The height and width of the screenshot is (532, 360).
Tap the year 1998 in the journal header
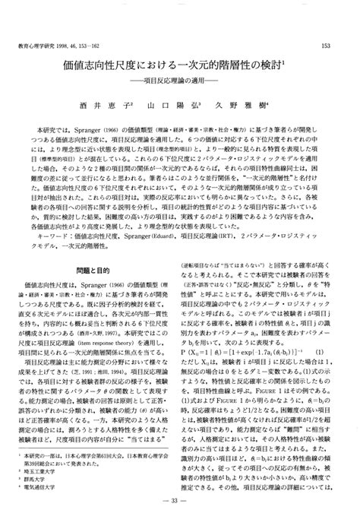[x=74, y=47]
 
